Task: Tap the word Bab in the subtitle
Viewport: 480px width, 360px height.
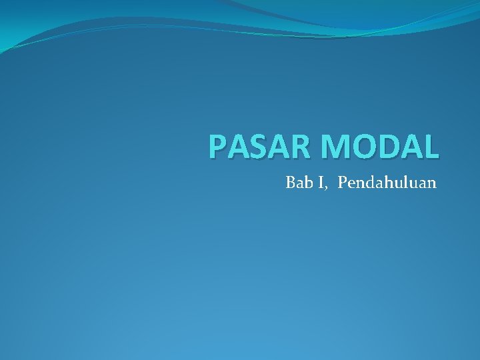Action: pos(297,182)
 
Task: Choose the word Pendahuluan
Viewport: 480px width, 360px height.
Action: pos(387,182)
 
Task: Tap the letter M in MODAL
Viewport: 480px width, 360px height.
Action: pos(328,147)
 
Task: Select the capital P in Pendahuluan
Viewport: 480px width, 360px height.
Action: pos(343,182)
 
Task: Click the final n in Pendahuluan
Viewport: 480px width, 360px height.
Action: pos(431,183)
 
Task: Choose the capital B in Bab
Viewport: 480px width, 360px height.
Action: pos(291,182)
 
